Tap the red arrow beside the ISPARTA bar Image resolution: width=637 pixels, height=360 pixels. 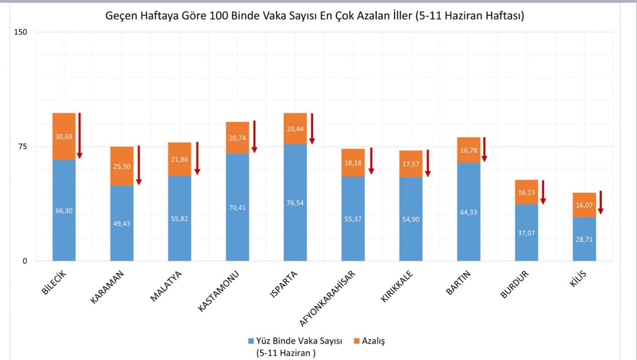312,129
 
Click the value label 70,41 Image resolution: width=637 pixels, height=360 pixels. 237,207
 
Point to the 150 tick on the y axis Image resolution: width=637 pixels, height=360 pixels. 20,32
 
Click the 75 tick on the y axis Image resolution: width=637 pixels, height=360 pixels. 22,147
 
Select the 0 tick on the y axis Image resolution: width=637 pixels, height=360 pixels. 25,261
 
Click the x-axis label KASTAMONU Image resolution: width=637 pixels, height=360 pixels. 218,291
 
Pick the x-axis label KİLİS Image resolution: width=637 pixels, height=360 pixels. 578,279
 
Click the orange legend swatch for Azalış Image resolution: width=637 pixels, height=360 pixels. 357,341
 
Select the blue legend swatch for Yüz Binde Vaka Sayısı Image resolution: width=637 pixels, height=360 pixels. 251,341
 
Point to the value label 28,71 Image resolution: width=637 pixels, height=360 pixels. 584,239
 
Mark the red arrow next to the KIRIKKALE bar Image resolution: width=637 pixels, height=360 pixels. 428,163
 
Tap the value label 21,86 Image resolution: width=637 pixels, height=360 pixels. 180,159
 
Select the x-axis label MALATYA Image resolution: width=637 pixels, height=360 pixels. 166,286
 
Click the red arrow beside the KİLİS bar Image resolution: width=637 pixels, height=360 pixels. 601,203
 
